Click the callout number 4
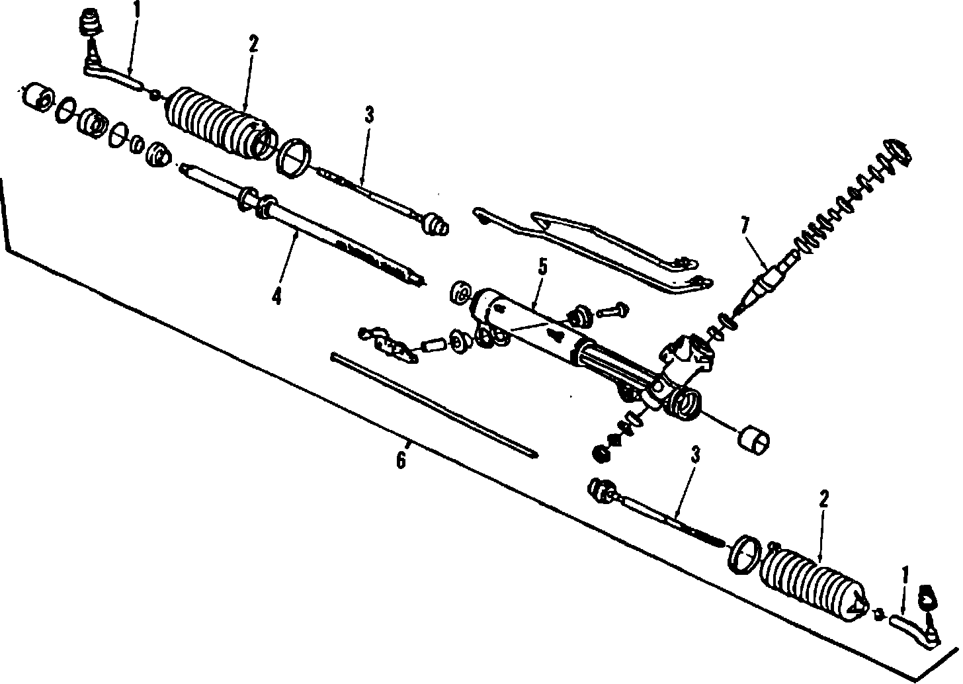276,296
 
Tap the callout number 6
401,460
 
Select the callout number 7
745,225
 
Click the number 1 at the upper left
137,11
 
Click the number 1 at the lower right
905,574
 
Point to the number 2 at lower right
823,499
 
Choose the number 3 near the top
368,115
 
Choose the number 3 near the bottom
695,455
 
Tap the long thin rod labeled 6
433,405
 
